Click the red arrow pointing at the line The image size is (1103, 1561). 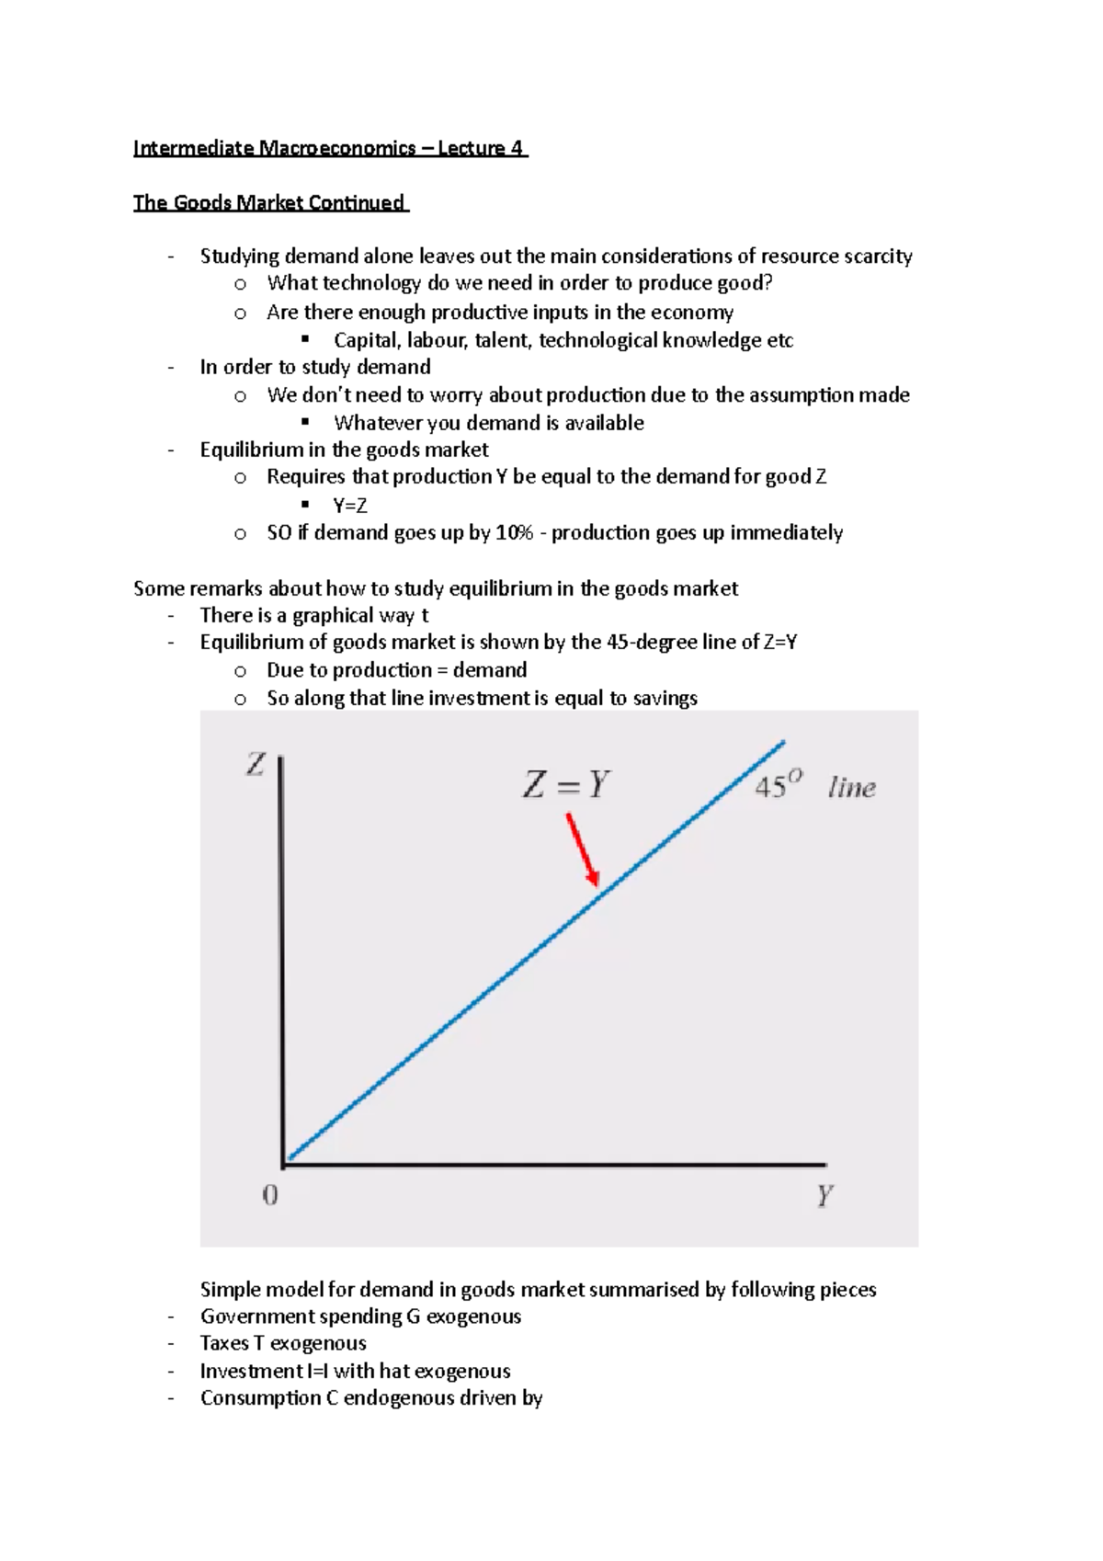[583, 849]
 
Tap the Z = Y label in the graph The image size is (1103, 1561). [565, 784]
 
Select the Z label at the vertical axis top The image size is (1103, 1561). [256, 764]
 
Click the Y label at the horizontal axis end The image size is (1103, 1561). [824, 1196]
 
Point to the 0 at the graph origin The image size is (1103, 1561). [270, 1195]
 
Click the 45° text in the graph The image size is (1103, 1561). [778, 787]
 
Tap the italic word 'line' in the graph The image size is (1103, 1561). [851, 788]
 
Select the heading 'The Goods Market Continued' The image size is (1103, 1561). [269, 202]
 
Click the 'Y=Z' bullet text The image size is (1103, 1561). [350, 505]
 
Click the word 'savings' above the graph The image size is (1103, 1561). [665, 698]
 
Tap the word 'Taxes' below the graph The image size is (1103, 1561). [224, 1343]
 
